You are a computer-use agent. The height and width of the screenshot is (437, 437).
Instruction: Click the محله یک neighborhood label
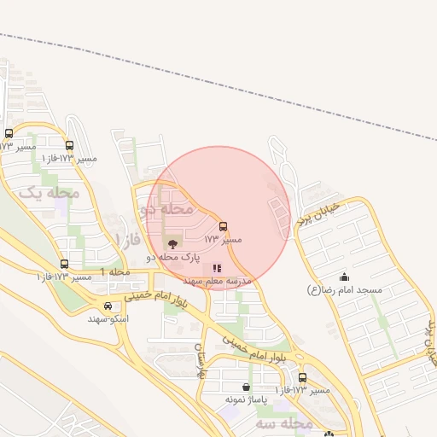[x=49, y=194]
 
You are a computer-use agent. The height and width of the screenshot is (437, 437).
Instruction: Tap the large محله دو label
[x=166, y=208]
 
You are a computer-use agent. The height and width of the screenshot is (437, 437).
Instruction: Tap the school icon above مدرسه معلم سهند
[x=216, y=268]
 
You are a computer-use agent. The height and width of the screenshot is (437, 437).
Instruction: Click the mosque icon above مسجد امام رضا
[x=344, y=277]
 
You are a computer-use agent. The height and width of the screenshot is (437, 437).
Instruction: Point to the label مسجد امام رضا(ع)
[x=344, y=290]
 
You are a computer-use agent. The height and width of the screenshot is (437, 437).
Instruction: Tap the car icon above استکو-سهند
[x=108, y=306]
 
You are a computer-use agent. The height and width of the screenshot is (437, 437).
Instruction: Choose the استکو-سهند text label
[x=108, y=318]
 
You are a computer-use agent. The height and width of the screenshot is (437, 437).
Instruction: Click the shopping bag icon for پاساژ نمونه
[x=247, y=387]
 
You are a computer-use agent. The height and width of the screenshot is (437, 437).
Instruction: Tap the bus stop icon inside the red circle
[x=224, y=226]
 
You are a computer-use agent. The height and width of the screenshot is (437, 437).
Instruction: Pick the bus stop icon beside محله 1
[x=64, y=264]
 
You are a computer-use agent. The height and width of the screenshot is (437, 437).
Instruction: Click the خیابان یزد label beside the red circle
[x=318, y=213]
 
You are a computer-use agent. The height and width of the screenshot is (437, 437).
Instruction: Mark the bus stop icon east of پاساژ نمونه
[x=302, y=377]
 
